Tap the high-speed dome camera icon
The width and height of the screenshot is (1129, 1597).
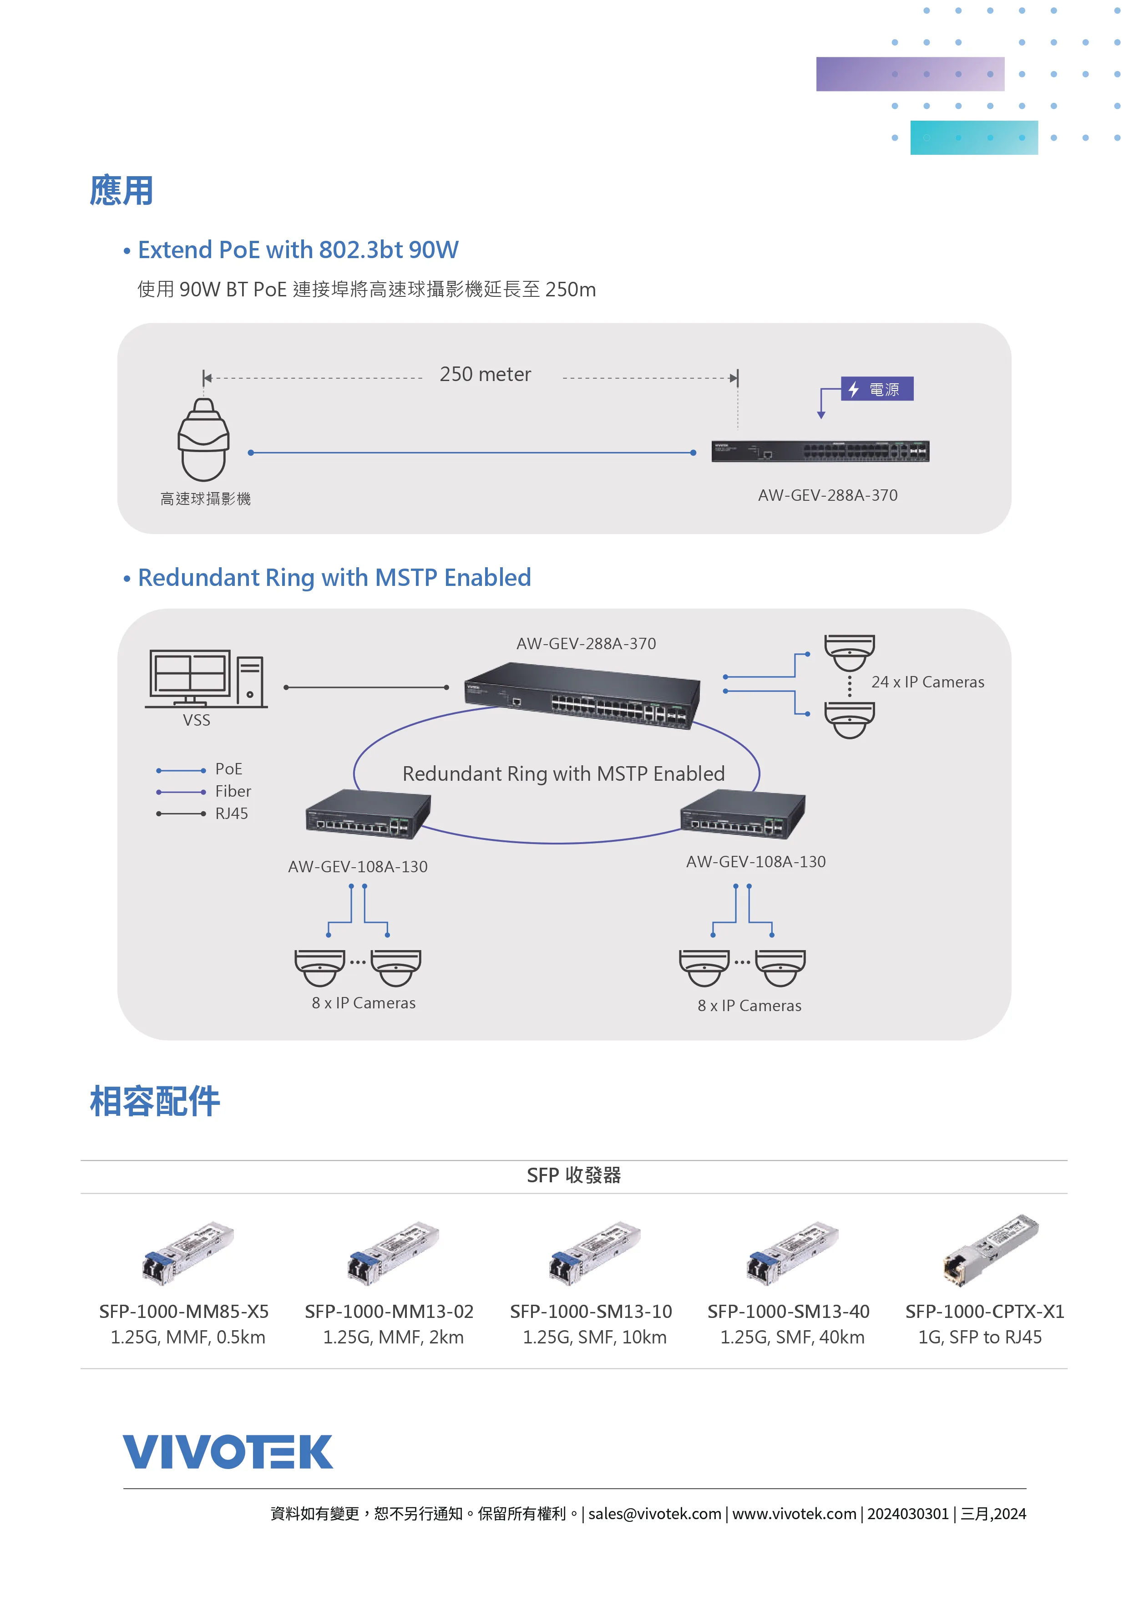204,440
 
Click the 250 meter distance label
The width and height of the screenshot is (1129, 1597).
485,374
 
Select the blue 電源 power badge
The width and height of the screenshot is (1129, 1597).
877,389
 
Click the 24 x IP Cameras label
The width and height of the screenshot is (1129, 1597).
927,682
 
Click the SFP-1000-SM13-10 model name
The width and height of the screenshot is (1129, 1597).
591,1312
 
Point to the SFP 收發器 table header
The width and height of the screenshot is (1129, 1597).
573,1175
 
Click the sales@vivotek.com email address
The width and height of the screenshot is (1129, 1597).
655,1514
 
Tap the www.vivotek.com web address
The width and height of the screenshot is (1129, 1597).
794,1514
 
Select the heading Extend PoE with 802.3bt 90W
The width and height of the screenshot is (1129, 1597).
298,250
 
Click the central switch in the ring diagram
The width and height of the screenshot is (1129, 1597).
582,696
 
